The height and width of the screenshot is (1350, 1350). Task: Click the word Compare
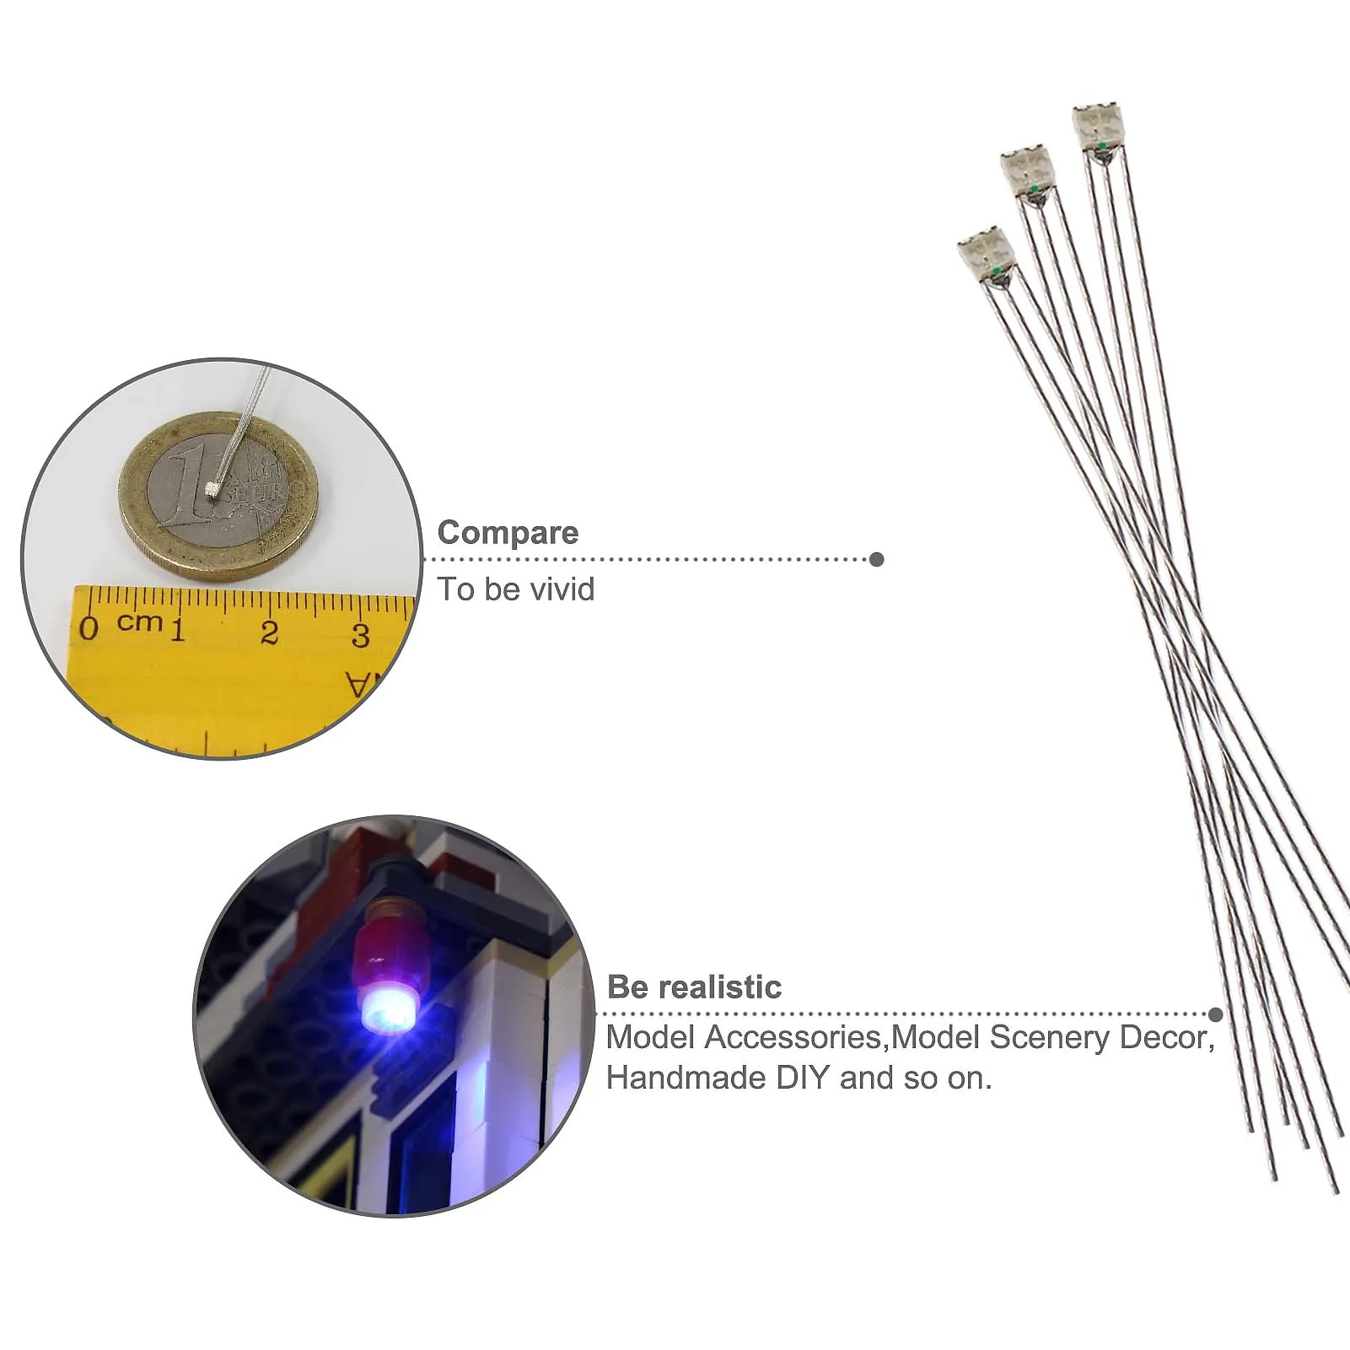[508, 533]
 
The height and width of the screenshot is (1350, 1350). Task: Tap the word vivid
[559, 589]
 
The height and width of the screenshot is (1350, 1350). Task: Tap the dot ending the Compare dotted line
[877, 559]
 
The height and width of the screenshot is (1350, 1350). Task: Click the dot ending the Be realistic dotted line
[1215, 1014]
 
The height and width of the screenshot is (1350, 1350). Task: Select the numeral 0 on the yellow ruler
[89, 628]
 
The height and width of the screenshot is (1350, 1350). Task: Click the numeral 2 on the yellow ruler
[270, 632]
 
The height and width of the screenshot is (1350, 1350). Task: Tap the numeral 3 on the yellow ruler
[361, 635]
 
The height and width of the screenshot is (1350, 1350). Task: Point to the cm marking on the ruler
[139, 622]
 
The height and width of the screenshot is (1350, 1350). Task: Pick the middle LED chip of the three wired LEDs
[1027, 171]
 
